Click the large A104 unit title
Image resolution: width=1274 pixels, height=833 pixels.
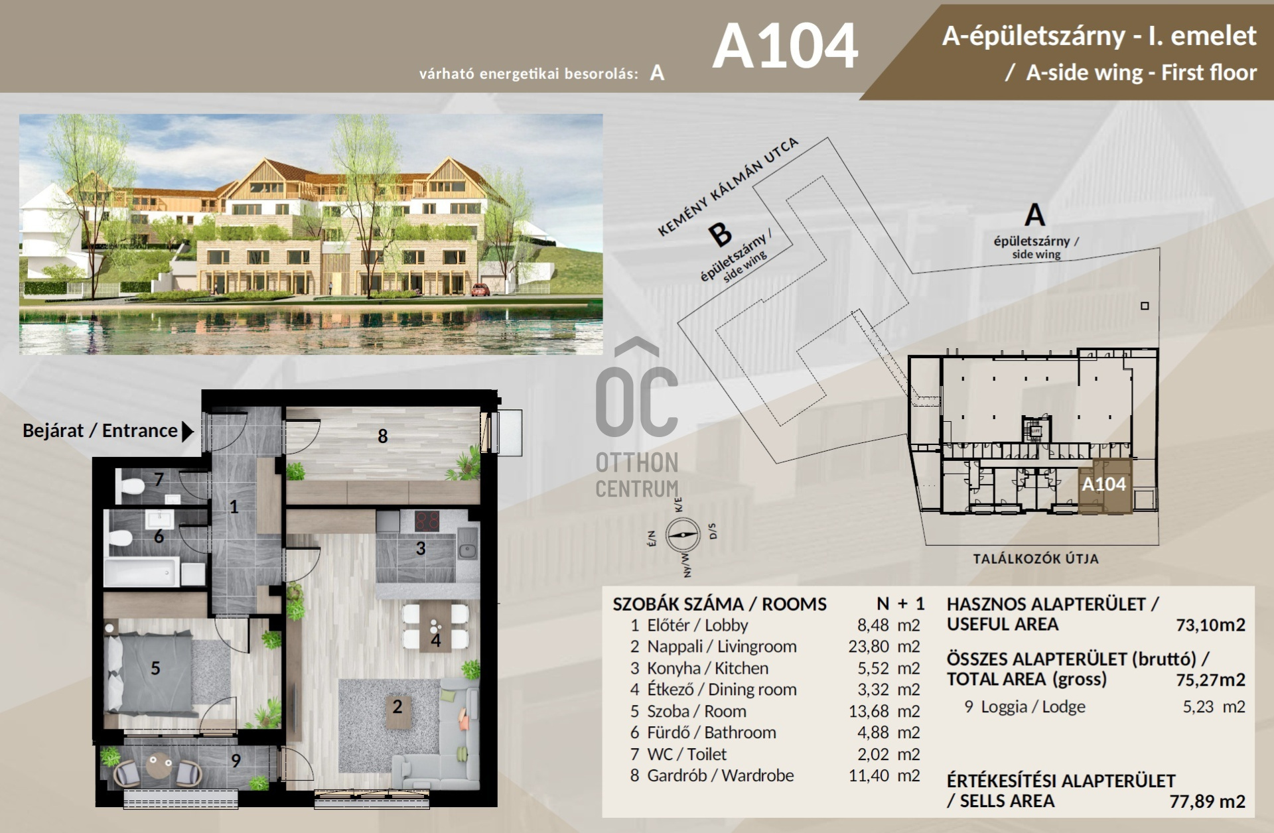[785, 46]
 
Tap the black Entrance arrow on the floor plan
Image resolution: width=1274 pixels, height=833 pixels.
[188, 432]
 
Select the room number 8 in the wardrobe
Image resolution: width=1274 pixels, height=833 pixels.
[383, 436]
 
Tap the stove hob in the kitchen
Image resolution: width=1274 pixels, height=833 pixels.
[429, 521]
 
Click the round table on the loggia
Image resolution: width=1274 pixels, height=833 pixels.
[158, 768]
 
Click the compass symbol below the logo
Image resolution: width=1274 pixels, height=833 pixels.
[683, 534]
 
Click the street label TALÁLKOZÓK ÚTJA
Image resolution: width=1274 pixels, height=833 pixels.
[1036, 559]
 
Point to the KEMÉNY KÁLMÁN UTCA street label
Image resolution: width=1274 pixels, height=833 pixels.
[728, 186]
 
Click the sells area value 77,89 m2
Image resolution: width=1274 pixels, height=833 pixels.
[1207, 801]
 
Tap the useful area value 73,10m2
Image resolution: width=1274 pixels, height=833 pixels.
[1210, 625]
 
